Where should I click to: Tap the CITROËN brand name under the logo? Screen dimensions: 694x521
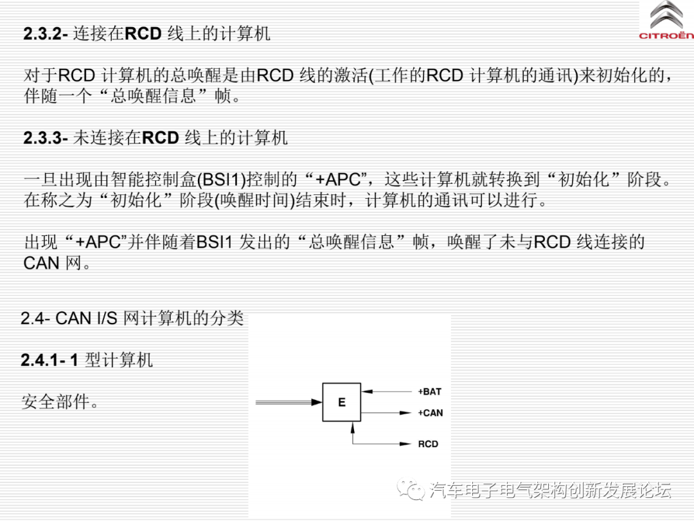pyautogui.click(x=666, y=36)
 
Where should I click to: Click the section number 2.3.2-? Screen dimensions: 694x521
pyautogui.click(x=46, y=33)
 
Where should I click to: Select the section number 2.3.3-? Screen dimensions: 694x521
pyautogui.click(x=46, y=138)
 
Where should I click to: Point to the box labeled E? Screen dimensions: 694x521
pyautogui.click(x=342, y=403)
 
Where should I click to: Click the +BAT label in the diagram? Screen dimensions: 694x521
pyautogui.click(x=430, y=392)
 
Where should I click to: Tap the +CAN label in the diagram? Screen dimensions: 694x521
pyautogui.click(x=430, y=413)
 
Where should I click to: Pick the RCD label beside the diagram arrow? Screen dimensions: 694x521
pyautogui.click(x=428, y=444)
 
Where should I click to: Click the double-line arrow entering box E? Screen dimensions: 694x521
pyautogui.click(x=289, y=403)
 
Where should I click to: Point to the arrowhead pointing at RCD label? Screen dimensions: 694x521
pyautogui.click(x=406, y=444)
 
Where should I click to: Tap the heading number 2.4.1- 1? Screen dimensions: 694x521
pyautogui.click(x=49, y=360)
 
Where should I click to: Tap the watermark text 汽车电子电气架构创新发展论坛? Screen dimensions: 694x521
pyautogui.click(x=550, y=490)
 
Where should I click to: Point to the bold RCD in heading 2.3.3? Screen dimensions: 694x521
pyautogui.click(x=160, y=138)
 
